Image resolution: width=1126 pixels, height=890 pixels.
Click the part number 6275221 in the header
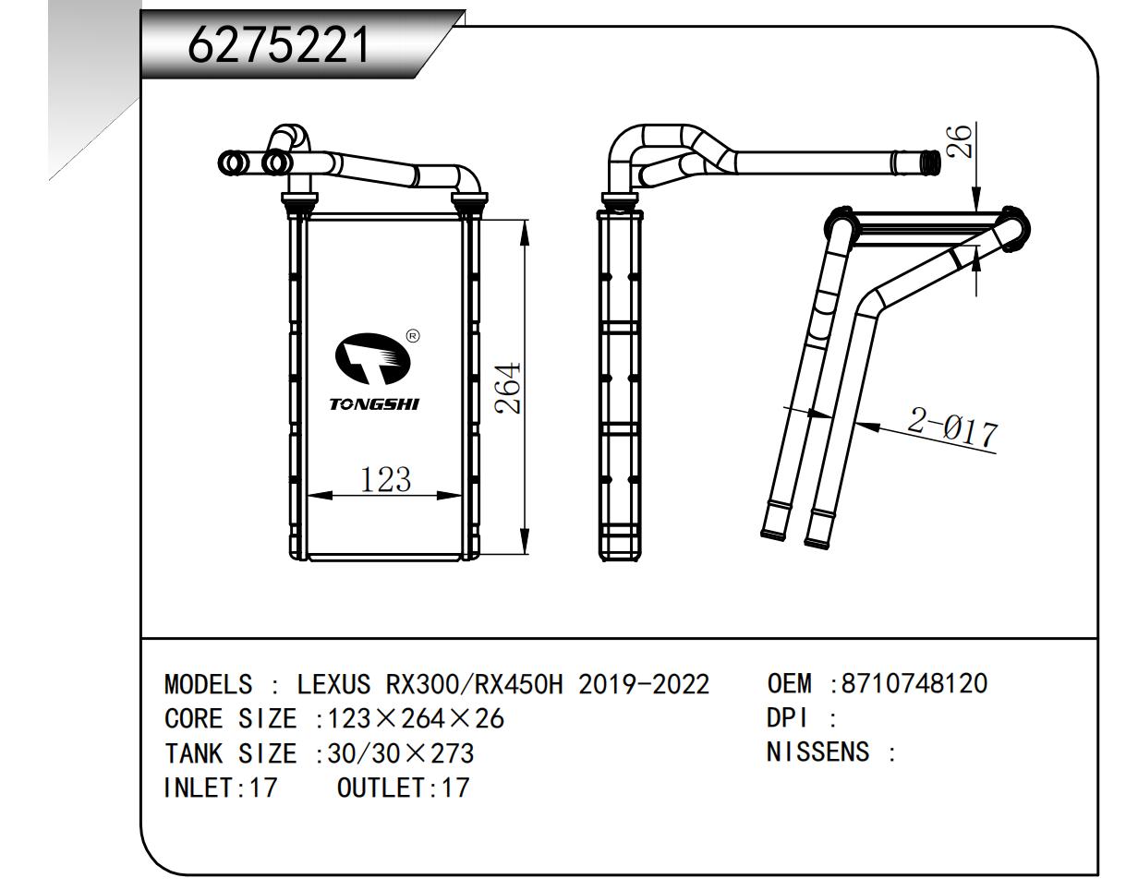[278, 45]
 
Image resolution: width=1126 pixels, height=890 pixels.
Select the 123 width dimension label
[384, 480]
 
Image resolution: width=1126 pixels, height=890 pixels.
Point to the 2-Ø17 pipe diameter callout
[952, 428]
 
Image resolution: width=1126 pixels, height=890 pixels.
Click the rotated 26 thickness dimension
[962, 142]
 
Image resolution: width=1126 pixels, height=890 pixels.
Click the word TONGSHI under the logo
[374, 404]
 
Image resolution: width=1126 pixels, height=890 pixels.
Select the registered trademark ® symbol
[413, 335]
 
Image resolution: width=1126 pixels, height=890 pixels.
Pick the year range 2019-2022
[644, 685]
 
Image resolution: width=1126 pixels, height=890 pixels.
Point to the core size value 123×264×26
[409, 719]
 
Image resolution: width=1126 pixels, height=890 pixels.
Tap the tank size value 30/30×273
[394, 753]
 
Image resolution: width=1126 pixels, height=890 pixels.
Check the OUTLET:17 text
[404, 788]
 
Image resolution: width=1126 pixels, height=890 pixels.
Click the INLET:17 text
[220, 788]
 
